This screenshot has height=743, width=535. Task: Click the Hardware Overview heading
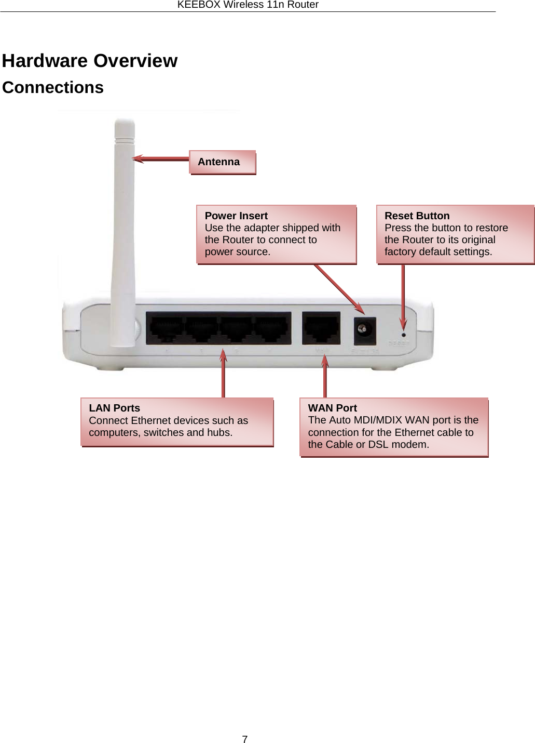coord(89,61)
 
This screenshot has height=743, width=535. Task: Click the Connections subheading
coord(53,87)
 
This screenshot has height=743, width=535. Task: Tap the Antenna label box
coord(223,162)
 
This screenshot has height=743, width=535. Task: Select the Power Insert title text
coord(236,216)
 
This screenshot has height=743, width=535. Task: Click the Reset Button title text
coord(417,216)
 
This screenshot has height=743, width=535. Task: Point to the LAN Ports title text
coord(114,408)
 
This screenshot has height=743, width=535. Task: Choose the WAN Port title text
coord(332,408)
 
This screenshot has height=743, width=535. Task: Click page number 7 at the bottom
coord(245,739)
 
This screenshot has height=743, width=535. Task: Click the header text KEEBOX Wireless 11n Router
coord(248,5)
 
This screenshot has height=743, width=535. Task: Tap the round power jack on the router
coord(363,329)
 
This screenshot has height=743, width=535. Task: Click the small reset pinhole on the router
coord(404,335)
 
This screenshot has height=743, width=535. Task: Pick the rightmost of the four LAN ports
coord(271,329)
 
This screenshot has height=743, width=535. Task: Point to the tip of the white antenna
coord(125,123)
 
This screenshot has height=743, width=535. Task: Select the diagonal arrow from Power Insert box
coord(337,288)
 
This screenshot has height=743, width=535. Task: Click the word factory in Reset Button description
coord(400,251)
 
